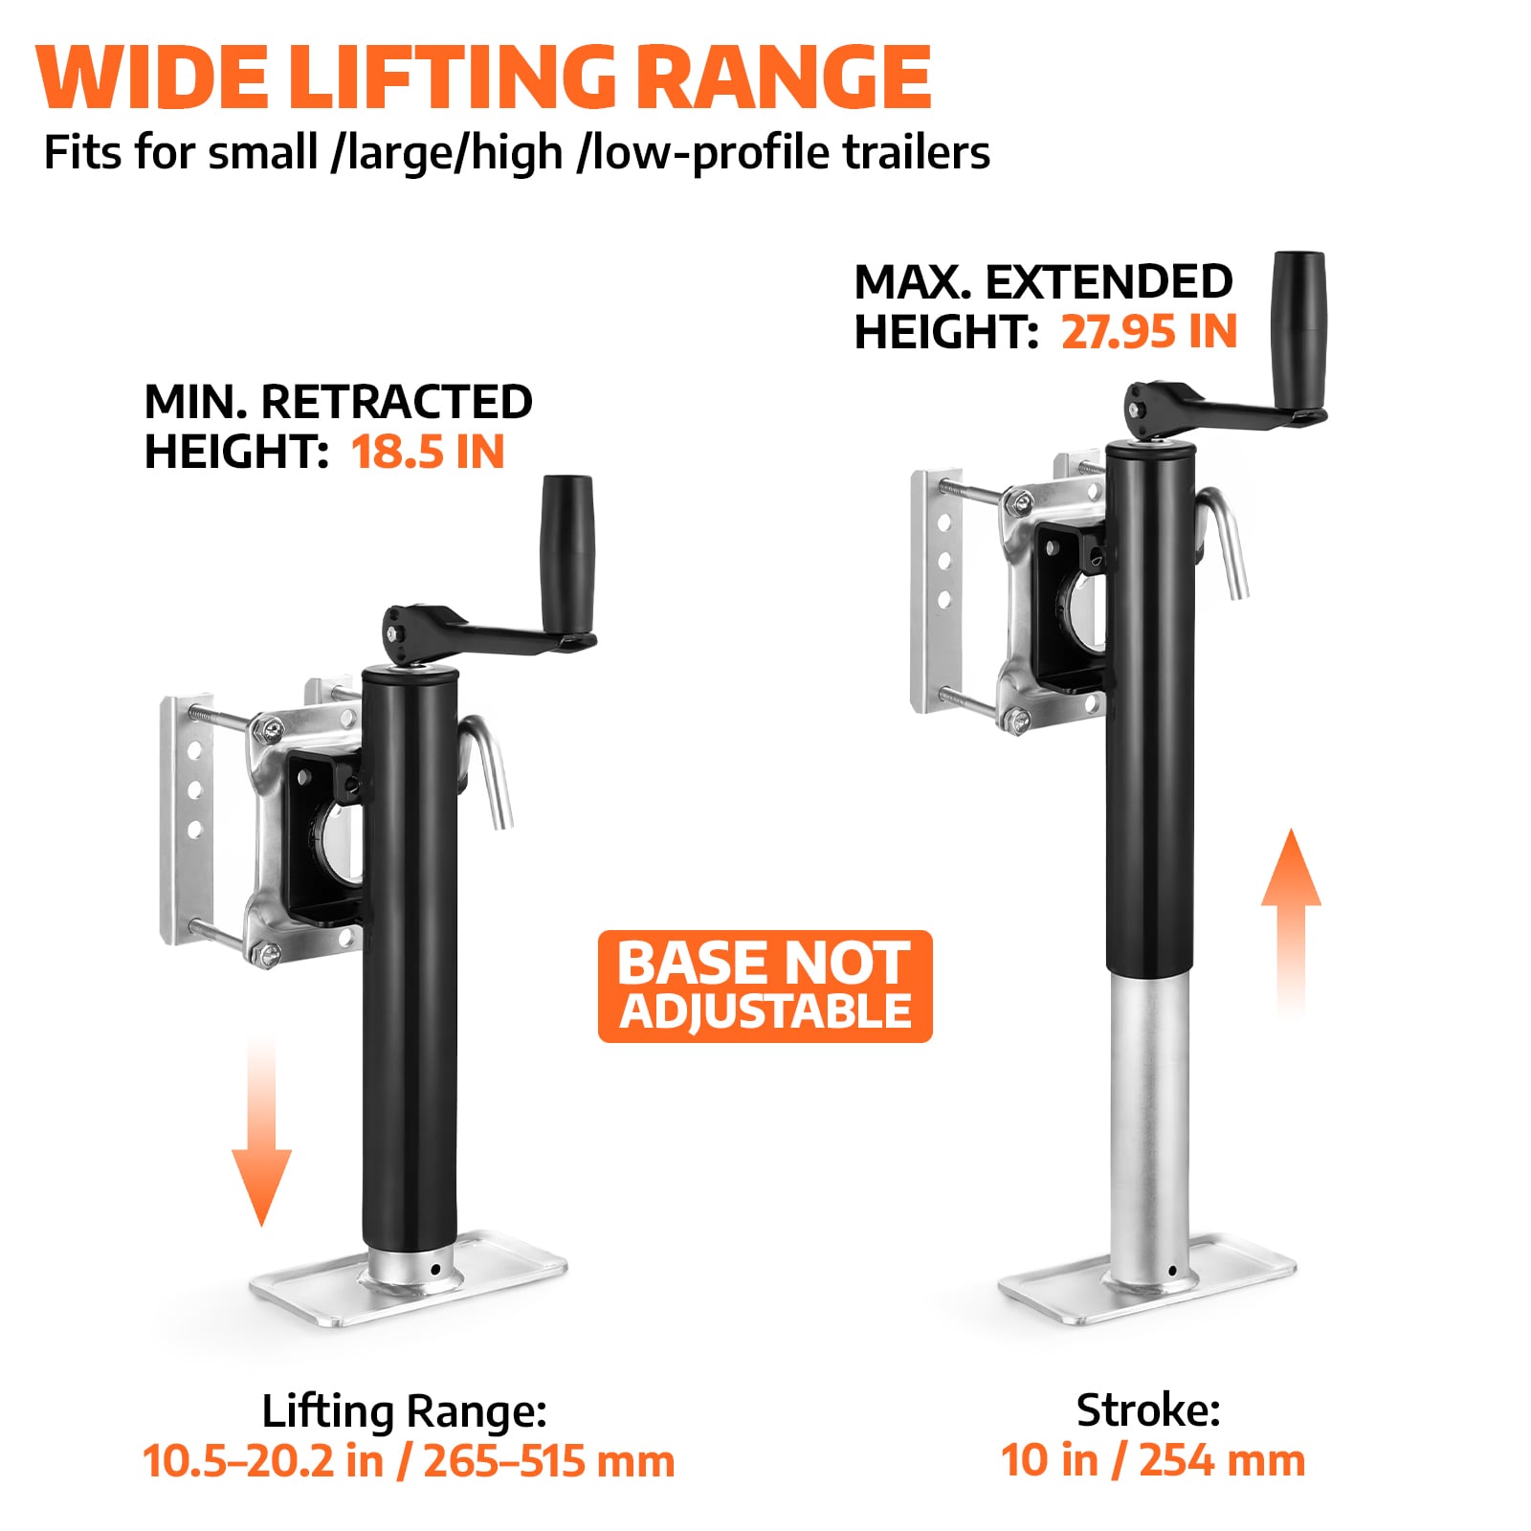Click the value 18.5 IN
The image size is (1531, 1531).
point(428,452)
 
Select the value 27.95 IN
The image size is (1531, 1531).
point(1149,332)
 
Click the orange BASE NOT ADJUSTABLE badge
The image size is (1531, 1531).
point(765,986)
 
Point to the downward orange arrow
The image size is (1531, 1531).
point(261,1129)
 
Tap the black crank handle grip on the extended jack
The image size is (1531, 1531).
point(1298,330)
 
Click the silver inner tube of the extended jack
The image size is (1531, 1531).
point(1150,1120)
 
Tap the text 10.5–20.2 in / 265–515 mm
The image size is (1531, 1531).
point(409,1461)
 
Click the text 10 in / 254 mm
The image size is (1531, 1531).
point(1153,1460)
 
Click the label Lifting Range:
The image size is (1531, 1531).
point(405,1410)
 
